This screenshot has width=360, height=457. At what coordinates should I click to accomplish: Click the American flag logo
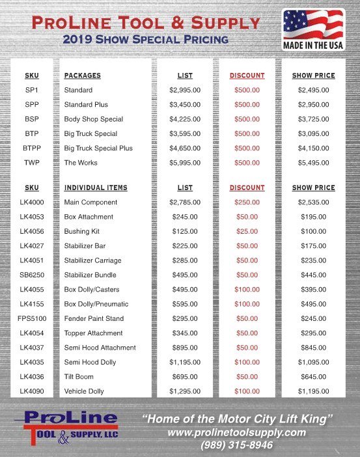point(313,29)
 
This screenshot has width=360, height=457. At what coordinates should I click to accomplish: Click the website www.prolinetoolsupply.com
point(236,432)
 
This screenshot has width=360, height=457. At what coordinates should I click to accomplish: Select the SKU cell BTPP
point(31,148)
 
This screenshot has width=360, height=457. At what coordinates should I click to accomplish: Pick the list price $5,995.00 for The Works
point(185,163)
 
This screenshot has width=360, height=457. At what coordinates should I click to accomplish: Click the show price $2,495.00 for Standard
point(313,90)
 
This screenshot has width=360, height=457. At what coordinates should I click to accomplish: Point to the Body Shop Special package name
point(93,119)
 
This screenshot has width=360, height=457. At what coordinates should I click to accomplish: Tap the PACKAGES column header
point(82,76)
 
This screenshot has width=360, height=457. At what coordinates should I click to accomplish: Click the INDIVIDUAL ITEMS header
point(96,187)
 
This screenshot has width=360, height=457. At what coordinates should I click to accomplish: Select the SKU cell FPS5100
point(31,318)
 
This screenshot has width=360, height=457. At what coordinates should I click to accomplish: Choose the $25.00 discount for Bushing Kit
point(247,231)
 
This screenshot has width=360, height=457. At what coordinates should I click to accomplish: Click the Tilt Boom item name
point(79,377)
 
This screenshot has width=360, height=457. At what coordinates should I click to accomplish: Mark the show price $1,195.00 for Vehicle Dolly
point(313,391)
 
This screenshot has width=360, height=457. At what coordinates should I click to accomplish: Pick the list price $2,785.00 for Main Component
point(185,202)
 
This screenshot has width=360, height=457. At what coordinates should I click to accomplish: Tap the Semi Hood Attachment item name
point(100,348)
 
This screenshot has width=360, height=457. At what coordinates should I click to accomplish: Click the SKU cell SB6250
point(31,275)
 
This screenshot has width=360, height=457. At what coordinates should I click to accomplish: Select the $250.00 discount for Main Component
point(247,202)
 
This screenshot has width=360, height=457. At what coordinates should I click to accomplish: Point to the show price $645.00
point(313,377)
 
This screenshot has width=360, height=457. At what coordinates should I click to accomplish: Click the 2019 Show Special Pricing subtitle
point(145,39)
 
